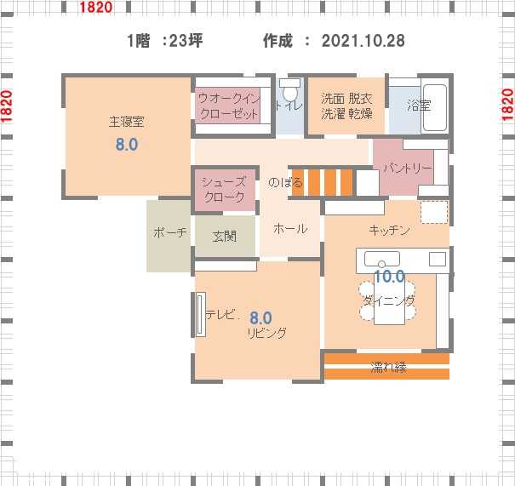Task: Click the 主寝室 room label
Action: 127,123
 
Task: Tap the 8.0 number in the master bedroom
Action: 127,145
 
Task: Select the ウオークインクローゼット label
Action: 229,106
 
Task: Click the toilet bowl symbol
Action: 290,89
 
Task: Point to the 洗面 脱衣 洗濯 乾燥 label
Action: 346,106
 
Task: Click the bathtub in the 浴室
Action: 435,108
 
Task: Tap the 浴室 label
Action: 419,105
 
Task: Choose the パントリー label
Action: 408,169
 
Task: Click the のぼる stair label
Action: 285,182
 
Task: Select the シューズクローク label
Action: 225,190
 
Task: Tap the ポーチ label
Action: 169,232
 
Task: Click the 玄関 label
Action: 225,236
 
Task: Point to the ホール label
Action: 290,228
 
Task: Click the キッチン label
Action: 390,230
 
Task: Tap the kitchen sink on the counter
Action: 382,259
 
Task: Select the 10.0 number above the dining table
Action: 390,276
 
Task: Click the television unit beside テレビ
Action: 200,315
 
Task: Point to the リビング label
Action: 267,334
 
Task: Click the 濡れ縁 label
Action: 388,367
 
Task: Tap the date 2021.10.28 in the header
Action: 363,41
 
